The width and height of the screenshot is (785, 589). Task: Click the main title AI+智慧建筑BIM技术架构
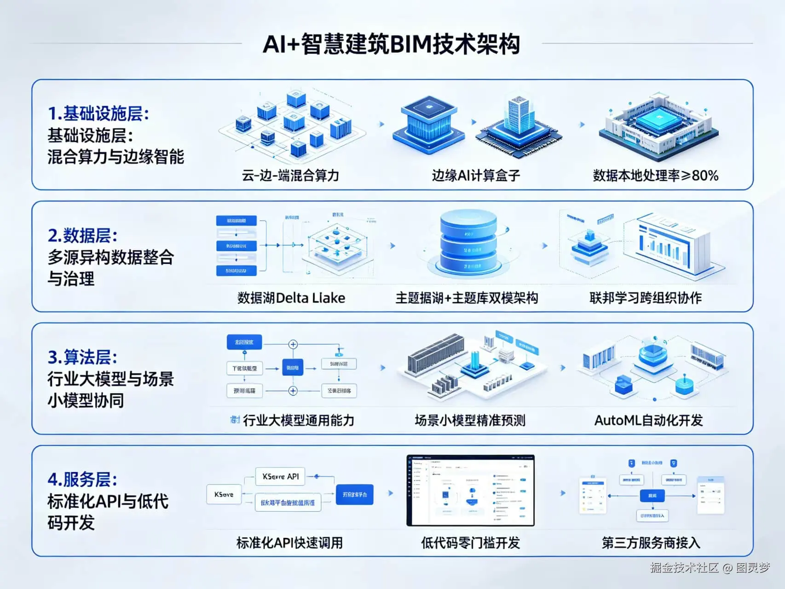tap(392, 45)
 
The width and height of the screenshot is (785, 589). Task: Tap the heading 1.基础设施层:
tap(98, 113)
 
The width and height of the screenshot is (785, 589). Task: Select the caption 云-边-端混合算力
tap(290, 175)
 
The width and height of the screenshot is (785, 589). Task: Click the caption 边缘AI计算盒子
tap(476, 175)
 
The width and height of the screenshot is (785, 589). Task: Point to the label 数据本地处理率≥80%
tap(655, 175)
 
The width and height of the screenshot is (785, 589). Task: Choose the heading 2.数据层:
tap(83, 235)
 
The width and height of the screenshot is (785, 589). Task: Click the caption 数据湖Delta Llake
tap(291, 298)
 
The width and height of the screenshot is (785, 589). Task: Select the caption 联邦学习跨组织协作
tap(645, 298)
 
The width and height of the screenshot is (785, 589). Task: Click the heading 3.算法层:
tap(83, 357)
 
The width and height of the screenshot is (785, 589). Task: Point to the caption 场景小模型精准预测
tap(470, 420)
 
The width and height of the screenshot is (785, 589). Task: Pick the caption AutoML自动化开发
tap(648, 420)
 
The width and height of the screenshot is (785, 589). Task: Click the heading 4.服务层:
tap(83, 479)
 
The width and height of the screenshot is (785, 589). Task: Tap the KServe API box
tap(280, 477)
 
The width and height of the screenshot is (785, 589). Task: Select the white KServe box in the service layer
tap(224, 494)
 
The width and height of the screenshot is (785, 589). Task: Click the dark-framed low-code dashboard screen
tap(470, 490)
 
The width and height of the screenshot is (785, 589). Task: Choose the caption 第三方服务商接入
tap(651, 542)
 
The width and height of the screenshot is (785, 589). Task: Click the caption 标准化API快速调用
tap(289, 542)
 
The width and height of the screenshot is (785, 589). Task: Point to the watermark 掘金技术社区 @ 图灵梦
tap(710, 567)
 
